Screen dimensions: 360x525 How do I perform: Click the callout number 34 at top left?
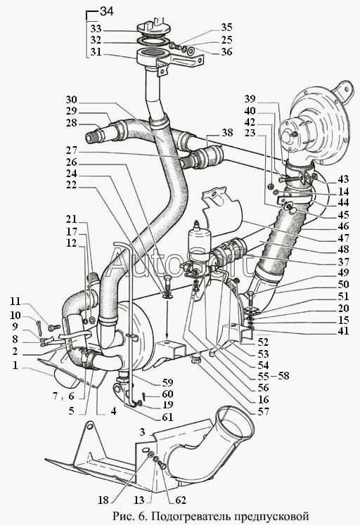[x=107, y=12]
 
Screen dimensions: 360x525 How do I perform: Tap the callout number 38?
[x=227, y=133]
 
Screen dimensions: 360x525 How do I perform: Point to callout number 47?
[x=343, y=238]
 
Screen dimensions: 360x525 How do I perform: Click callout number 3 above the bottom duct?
[x=143, y=432]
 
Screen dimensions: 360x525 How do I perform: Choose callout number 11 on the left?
[x=15, y=302]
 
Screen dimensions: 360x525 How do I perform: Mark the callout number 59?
[x=167, y=382]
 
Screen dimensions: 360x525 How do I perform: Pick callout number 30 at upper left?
[x=71, y=100]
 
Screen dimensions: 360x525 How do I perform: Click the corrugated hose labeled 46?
[x=288, y=234]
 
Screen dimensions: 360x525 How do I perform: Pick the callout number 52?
[x=263, y=342]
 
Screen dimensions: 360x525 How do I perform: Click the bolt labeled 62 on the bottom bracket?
[x=162, y=465]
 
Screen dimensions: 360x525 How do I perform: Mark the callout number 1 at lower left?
[x=15, y=365]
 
